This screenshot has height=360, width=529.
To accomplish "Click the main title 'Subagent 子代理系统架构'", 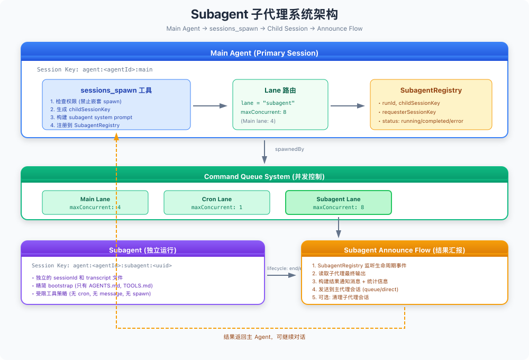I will pos(264,14).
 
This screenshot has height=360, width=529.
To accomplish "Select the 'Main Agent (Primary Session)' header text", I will pos(264,53).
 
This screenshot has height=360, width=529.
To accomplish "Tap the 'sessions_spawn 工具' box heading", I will pos(116,91).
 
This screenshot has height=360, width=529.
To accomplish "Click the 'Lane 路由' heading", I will pos(280,91).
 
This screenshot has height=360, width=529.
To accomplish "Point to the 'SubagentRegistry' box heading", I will pos(431,91).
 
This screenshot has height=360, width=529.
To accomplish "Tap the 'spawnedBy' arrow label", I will pos(289,149).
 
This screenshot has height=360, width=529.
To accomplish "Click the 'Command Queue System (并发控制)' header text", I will pos(264,177).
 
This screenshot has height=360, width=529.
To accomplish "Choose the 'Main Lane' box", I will pos(95,203).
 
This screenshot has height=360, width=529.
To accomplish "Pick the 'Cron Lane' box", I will pos(216,203).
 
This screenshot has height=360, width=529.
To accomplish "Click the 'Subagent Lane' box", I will pos(338,203).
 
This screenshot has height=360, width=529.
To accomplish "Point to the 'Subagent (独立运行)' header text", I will pos(142,250).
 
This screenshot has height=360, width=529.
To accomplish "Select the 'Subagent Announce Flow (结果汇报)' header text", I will pos(404,250).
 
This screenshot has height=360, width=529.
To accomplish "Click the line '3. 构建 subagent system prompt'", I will pos(91,117).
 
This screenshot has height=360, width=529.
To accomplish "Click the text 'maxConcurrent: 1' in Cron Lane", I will pos(216,208).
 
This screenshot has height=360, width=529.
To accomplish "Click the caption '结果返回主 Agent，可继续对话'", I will pos(264,337).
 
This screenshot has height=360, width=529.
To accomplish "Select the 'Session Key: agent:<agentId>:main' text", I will pos(95,69).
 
